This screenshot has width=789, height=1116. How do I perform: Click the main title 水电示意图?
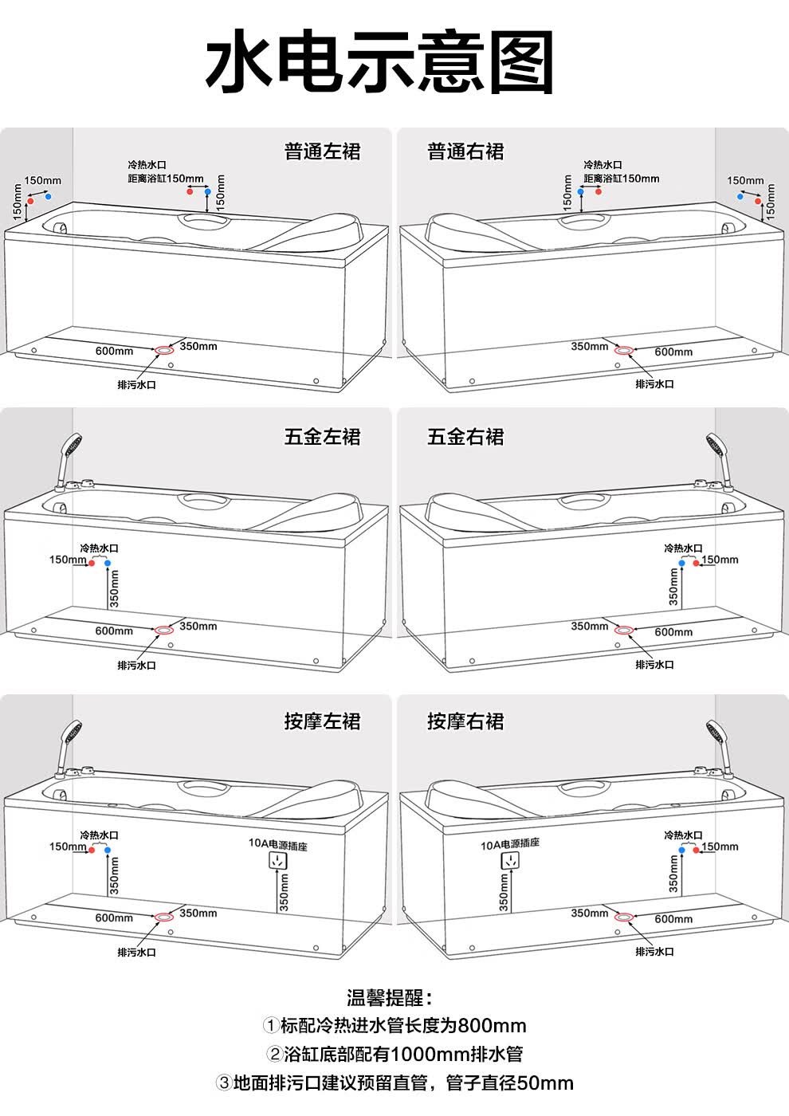click(x=379, y=61)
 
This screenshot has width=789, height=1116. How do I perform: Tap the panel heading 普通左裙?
click(x=322, y=151)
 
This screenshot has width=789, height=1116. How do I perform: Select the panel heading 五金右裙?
click(x=465, y=437)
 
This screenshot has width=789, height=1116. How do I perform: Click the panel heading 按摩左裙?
click(x=322, y=721)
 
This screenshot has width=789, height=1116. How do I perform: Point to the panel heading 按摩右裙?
click(x=465, y=721)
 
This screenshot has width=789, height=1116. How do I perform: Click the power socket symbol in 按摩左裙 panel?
click(x=278, y=860)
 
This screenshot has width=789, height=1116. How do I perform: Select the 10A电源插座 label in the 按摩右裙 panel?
click(x=509, y=843)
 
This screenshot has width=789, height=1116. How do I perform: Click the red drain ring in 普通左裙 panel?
click(x=164, y=350)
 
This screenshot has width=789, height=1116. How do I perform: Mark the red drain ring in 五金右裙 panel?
click(x=623, y=631)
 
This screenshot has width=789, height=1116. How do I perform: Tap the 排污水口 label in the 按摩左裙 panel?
click(x=136, y=952)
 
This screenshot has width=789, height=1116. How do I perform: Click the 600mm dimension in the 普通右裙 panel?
click(x=673, y=352)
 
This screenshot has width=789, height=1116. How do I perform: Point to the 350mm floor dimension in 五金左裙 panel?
click(x=198, y=626)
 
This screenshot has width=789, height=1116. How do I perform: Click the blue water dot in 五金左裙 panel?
click(x=108, y=563)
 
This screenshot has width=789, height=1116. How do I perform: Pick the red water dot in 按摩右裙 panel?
click(x=696, y=850)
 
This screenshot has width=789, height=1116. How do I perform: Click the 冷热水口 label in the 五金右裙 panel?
click(x=683, y=548)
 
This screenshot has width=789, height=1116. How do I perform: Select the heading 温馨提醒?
click(x=390, y=998)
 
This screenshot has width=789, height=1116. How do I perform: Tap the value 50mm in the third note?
click(x=545, y=1083)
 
